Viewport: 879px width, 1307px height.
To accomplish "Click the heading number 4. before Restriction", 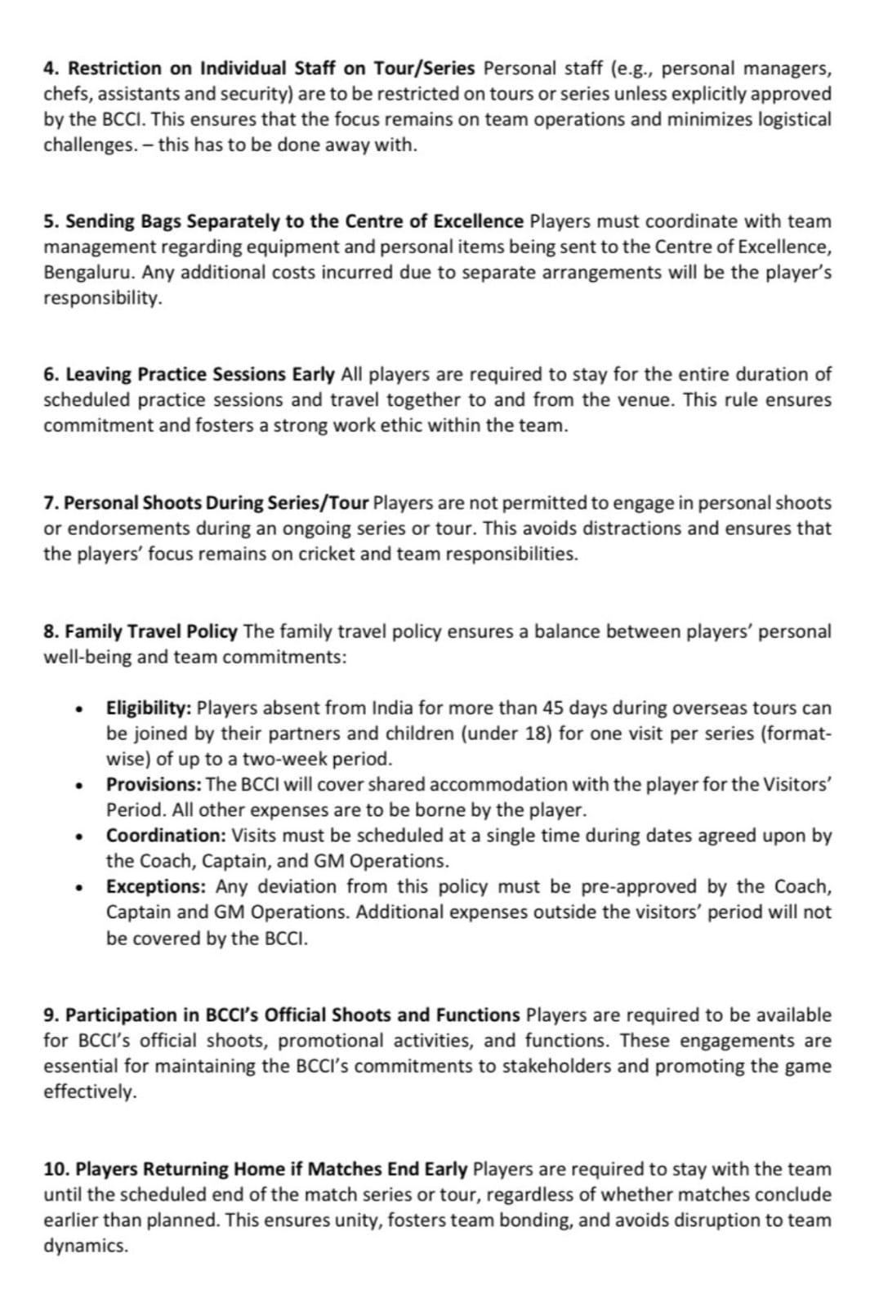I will tap(51, 68).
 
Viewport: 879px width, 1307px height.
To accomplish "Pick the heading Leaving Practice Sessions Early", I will tap(199, 374).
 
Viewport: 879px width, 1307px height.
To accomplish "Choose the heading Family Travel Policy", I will tap(151, 631).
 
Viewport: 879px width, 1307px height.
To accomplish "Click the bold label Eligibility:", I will tap(149, 707).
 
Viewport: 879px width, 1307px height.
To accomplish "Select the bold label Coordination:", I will tap(166, 836).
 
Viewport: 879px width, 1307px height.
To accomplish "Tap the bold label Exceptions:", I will tap(155, 886).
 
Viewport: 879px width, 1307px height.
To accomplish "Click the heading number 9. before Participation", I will tap(51, 1015).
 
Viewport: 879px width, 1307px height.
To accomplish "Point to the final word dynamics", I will tap(85, 1246).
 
